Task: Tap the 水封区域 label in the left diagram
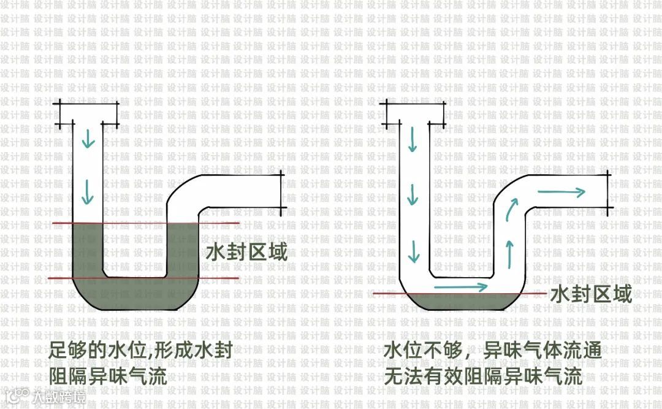click(x=247, y=253)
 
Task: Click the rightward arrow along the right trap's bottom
click(x=460, y=286)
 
